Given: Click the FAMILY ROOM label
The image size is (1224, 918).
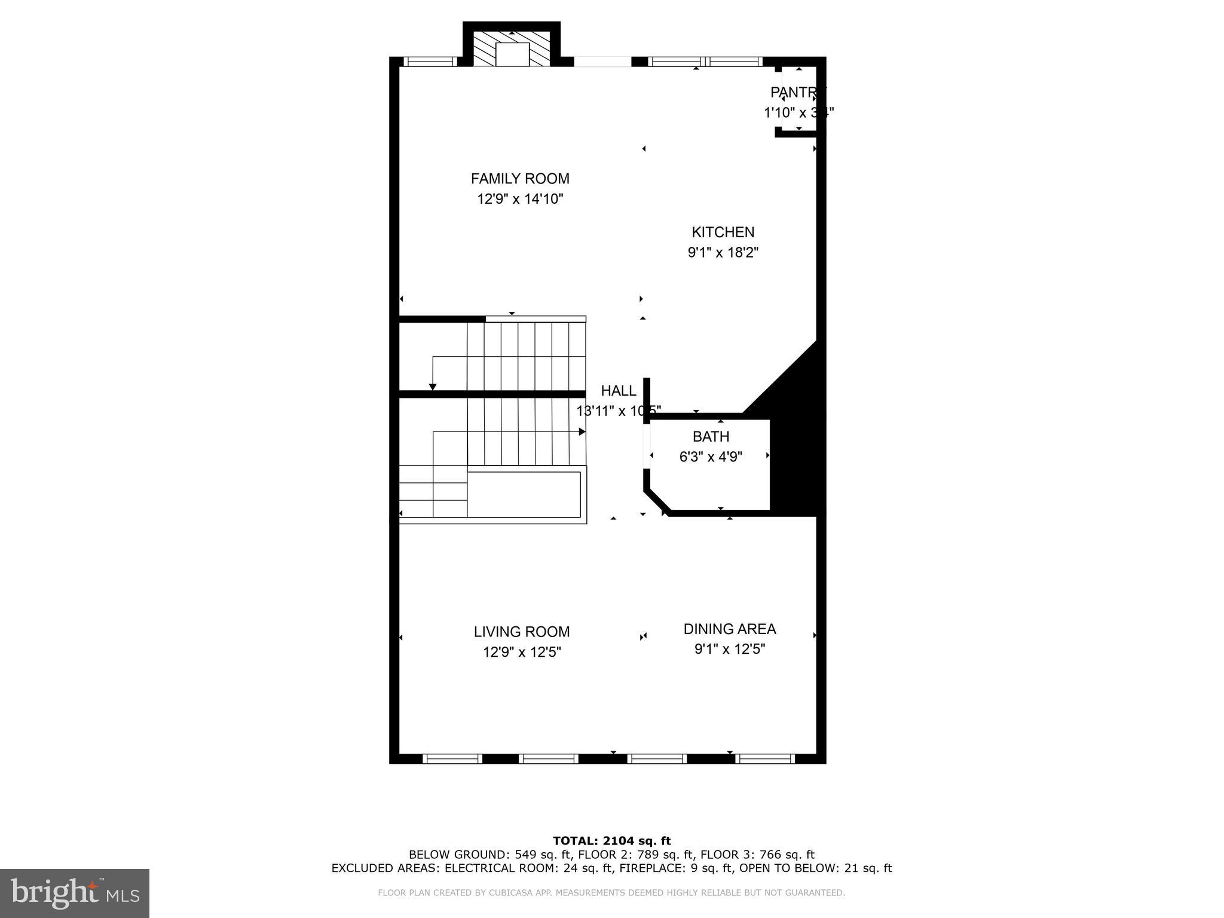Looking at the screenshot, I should pyautogui.click(x=520, y=179).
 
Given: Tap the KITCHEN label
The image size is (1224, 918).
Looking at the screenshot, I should pyautogui.click(x=723, y=232).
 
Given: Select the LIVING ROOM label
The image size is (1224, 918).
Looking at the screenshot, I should pyautogui.click(x=522, y=632).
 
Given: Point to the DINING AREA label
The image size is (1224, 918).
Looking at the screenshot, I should pyautogui.click(x=729, y=629).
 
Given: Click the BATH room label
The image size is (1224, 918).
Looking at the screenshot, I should pyautogui.click(x=711, y=436).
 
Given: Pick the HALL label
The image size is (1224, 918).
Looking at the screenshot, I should pyautogui.click(x=619, y=391).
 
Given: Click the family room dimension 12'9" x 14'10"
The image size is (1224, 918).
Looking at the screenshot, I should pyautogui.click(x=520, y=199).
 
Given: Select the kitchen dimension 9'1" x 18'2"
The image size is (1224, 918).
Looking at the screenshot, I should pyautogui.click(x=723, y=252).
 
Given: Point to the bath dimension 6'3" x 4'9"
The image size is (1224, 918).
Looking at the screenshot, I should pyautogui.click(x=711, y=457).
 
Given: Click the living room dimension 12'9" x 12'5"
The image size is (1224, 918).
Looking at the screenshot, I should pyautogui.click(x=522, y=652).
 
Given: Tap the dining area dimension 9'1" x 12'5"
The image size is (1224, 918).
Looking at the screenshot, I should pyautogui.click(x=729, y=649).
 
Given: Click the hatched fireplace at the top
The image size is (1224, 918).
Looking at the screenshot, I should pyautogui.click(x=512, y=48).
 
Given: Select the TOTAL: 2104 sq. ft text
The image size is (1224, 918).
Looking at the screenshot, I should pyautogui.click(x=611, y=841).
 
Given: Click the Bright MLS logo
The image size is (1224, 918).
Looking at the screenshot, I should pyautogui.click(x=75, y=893).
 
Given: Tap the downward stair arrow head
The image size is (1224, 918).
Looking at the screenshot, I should pyautogui.click(x=432, y=387).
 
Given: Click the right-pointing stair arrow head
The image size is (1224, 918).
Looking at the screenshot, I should pyautogui.click(x=582, y=432).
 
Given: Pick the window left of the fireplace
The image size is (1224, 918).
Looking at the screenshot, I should pyautogui.click(x=430, y=62).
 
